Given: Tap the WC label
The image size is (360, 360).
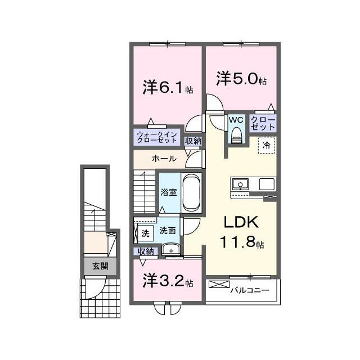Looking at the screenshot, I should pyautogui.click(x=235, y=120).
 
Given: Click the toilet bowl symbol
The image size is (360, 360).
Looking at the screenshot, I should pyautogui.click(x=236, y=133).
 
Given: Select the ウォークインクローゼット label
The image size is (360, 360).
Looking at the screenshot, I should pyautogui.click(x=157, y=137).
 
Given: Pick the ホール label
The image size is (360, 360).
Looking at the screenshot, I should pyautogui.click(x=164, y=159).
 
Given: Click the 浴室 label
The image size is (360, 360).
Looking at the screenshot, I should pyautogui.click(x=169, y=192).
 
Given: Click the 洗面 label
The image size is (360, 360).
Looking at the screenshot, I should pyautogui.click(x=167, y=230).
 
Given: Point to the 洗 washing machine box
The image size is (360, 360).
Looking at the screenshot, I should pyautogui.click(x=145, y=232).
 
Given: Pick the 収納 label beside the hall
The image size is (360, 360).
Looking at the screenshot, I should pyautogui.click(x=193, y=141).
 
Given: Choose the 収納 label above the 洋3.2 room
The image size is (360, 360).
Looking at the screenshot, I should pyautogui.click(x=143, y=252).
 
